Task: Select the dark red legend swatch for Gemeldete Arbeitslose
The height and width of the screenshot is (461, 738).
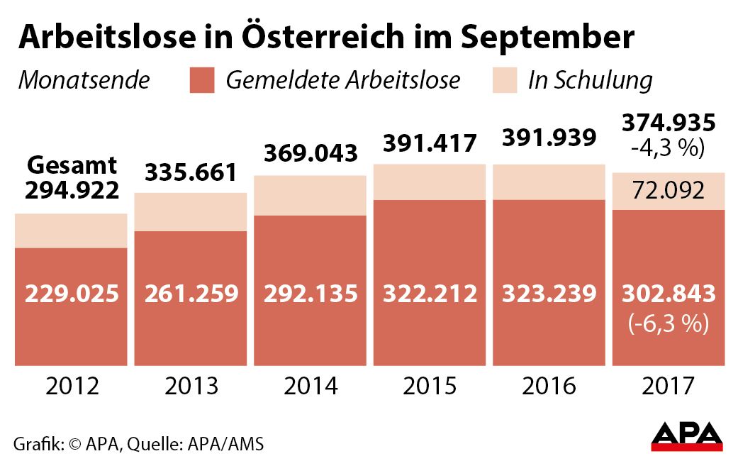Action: pyautogui.click(x=201, y=80)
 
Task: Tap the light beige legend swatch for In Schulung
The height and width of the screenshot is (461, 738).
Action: pyautogui.click(x=504, y=80)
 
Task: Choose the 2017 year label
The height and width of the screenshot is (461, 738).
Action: pyautogui.click(x=667, y=387)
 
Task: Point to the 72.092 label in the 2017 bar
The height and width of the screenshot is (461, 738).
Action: pyautogui.click(x=668, y=191)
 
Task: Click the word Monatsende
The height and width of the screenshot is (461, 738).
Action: pyautogui.click(x=84, y=80)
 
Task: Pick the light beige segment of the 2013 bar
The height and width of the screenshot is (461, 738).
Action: pyautogui.click(x=190, y=211)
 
